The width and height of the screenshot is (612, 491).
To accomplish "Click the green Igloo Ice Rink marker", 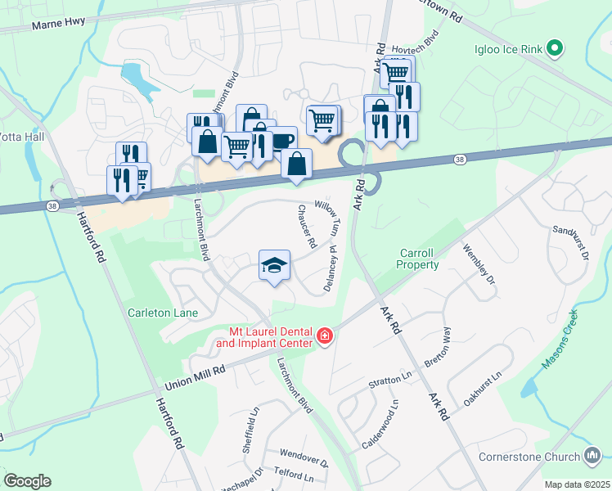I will coord(556,48).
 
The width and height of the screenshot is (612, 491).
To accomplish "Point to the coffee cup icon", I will coord(282,140).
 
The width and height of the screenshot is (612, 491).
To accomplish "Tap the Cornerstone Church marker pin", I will coord(594,456).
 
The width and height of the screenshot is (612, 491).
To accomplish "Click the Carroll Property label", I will coord(418,259).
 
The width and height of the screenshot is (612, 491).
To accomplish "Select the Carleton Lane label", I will coord(159,313).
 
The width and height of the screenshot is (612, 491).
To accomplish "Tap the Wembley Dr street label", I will coord(479,263).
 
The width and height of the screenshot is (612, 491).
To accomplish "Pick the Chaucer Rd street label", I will coord(307,227).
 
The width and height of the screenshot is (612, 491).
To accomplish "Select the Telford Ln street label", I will coord(295,475).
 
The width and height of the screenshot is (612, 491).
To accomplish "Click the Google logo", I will coord(27,481).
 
